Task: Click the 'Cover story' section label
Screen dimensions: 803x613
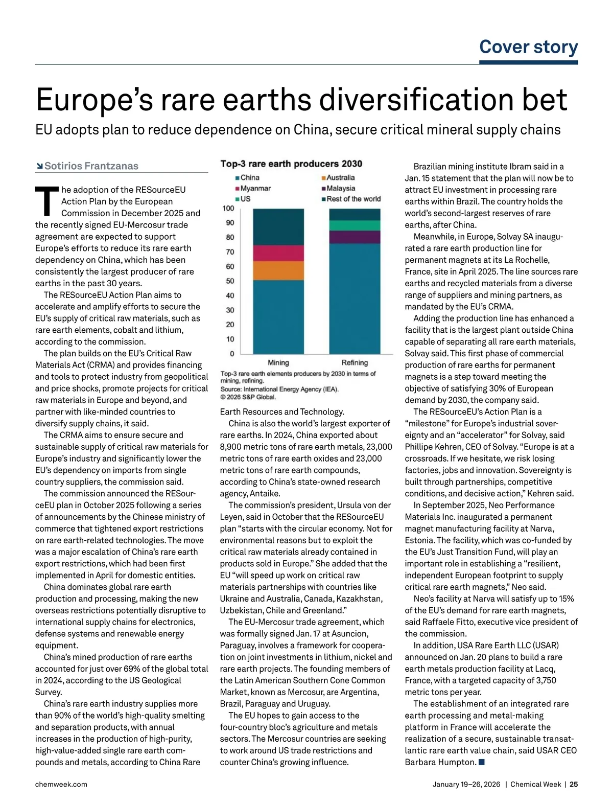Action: tap(528, 47)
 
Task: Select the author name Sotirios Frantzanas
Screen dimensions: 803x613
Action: tap(91, 166)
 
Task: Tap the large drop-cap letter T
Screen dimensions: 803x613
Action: tap(46, 201)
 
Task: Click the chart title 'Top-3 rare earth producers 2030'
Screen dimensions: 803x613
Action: tap(291, 164)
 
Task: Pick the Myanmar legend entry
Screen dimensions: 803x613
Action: tap(255, 188)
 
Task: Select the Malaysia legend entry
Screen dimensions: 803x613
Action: tap(340, 188)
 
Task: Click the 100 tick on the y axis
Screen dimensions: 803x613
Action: tap(228, 209)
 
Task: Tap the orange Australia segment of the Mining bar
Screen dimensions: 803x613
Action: tap(278, 270)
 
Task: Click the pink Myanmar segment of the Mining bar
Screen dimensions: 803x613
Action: tap(278, 253)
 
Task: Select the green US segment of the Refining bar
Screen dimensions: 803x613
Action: tap(355, 225)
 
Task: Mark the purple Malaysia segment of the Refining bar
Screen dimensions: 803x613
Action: tap(355, 237)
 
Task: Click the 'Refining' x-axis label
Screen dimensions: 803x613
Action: tap(355, 362)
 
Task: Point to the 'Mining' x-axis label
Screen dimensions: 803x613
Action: tap(278, 362)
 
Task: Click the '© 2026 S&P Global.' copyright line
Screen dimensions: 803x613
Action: tap(248, 397)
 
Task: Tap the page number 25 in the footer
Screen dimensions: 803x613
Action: tap(574, 784)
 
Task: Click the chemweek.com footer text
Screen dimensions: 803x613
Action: tap(61, 784)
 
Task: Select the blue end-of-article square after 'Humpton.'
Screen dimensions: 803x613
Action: tap(481, 762)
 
